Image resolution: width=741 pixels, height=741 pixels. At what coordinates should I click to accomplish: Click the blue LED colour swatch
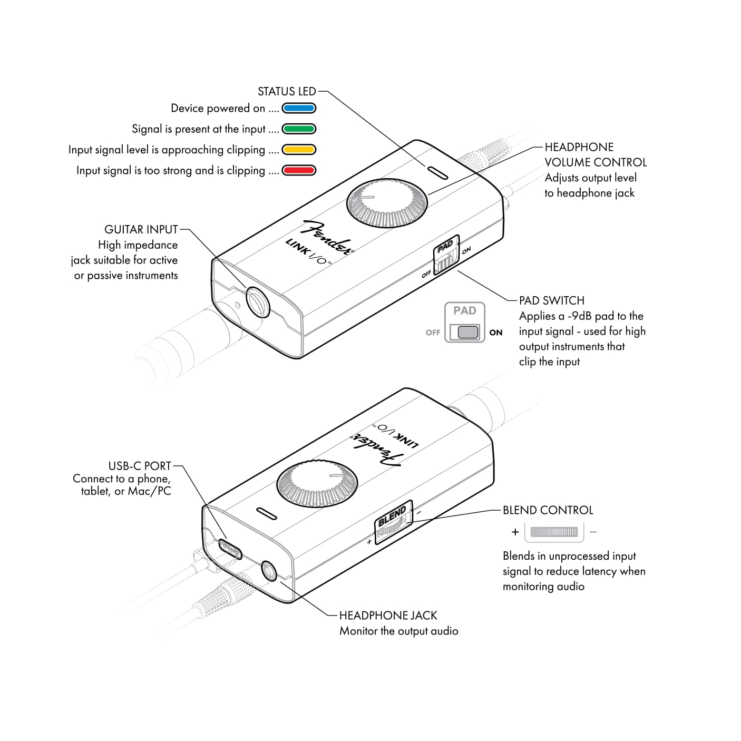pos(299,109)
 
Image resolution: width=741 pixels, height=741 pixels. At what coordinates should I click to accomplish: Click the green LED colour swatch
pos(299,129)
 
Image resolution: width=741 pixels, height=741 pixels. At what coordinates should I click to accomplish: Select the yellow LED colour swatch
pos(299,150)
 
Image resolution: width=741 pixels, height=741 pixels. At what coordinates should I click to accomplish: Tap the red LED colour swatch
pos(299,170)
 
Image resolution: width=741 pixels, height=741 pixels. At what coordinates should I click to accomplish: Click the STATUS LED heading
pos(287,92)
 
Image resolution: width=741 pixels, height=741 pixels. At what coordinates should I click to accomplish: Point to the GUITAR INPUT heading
pos(141,230)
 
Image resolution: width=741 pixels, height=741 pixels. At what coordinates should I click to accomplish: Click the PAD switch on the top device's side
pos(446,256)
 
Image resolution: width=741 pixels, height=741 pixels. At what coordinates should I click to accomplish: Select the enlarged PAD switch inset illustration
pos(465,323)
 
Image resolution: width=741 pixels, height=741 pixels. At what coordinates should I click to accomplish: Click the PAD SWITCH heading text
pos(551,301)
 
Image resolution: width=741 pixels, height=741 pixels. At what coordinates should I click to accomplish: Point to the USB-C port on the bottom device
pos(230,549)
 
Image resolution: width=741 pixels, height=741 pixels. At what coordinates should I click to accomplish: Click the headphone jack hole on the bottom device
pos(269,571)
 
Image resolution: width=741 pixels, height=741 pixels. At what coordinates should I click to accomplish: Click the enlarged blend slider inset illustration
pos(554,532)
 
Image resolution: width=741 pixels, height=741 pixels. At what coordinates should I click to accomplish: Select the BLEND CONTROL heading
pos(548,510)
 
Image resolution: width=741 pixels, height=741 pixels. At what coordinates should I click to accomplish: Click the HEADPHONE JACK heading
pos(388,616)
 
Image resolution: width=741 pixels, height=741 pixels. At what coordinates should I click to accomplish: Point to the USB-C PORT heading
pos(140,466)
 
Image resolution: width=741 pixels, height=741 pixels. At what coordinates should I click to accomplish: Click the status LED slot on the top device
pos(437,172)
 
